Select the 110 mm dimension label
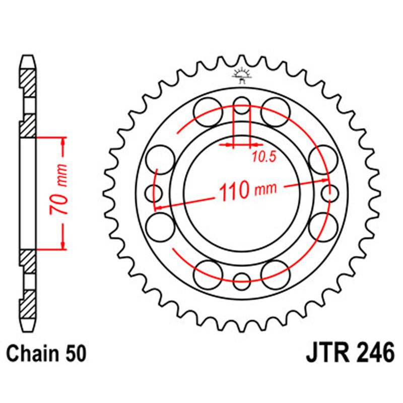tap(247, 190)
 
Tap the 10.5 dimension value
tap(264, 157)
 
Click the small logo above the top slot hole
tap(242, 77)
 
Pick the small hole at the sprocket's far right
tap(330, 192)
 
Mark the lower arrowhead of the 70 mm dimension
tap(63, 245)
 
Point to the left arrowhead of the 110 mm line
tap(158, 206)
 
